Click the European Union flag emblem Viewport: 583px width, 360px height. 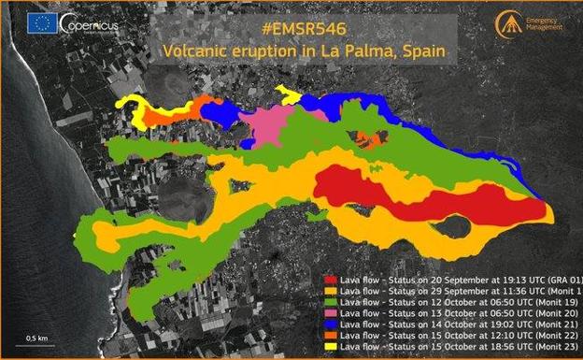point(41,23)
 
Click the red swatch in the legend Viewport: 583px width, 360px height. point(329,279)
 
